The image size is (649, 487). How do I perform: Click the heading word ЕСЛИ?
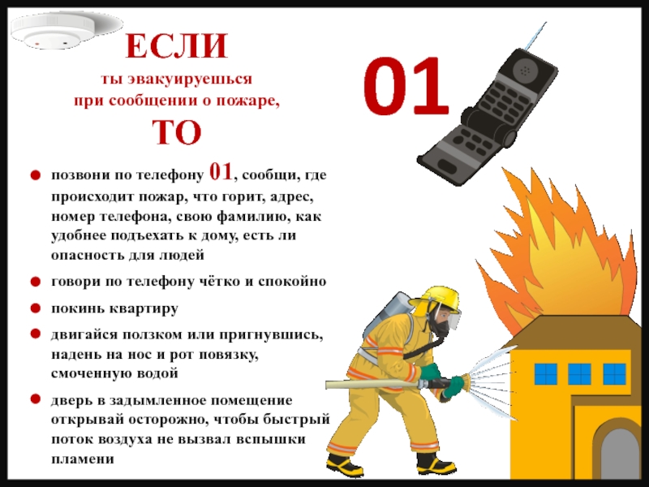[177, 45]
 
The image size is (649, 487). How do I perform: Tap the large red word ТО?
[177, 132]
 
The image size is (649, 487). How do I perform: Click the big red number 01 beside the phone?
[406, 86]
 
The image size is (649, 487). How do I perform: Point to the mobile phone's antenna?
[536, 36]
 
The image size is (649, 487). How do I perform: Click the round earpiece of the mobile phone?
[524, 70]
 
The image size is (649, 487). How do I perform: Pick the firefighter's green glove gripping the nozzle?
[453, 386]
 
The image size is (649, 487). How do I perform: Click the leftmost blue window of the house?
[545, 374]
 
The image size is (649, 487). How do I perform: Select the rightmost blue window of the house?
[614, 374]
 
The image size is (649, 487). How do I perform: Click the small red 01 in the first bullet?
[221, 171]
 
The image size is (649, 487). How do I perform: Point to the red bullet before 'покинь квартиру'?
[36, 308]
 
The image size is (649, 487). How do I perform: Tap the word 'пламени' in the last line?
[83, 459]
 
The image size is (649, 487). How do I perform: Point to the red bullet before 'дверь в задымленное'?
[36, 399]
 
